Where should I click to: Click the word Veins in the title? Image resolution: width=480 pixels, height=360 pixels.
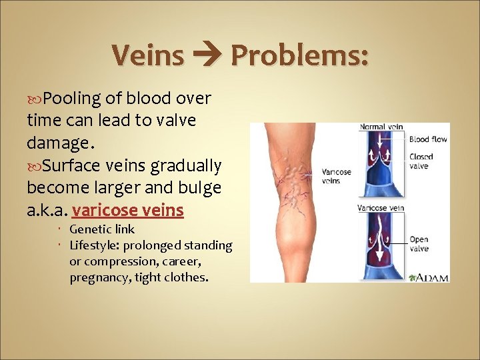coord(147,55)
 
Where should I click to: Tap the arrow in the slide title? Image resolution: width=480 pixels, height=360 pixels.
coord(207,55)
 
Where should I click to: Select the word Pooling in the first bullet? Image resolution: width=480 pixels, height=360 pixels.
coord(72,99)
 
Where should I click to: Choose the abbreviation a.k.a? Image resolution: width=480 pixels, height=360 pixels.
coord(47,210)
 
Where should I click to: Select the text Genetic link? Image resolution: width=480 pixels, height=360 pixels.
coord(102,230)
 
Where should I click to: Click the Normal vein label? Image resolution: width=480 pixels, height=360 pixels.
coord(381,127)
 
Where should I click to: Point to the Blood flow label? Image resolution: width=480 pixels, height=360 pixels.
coord(427,139)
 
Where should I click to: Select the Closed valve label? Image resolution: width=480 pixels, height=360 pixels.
coord(421,161)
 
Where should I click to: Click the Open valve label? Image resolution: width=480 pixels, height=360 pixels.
coord(419,243)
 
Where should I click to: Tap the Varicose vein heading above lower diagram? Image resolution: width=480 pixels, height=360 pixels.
coord(381,208)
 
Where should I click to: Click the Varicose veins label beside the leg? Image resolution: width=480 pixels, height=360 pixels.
coord(337,175)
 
